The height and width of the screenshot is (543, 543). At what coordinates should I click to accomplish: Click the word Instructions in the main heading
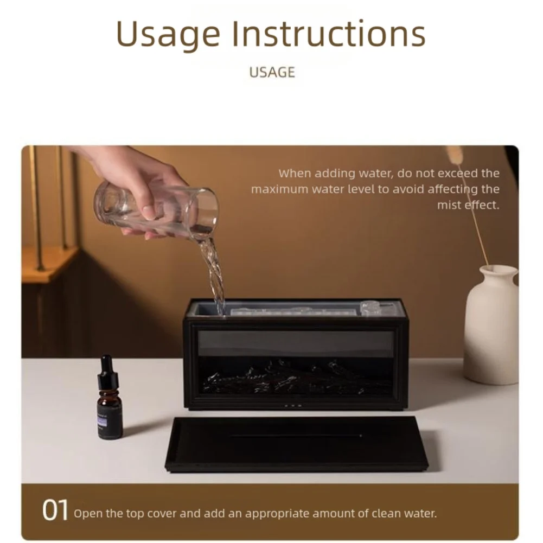pos(329,34)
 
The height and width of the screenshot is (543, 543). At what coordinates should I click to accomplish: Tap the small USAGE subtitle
pos(272,73)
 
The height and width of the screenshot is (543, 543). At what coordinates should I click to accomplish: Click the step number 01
pos(55,511)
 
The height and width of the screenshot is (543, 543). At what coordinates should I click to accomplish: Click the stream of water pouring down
pos(214,271)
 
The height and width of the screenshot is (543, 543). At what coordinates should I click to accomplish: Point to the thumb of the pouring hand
pos(149,209)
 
